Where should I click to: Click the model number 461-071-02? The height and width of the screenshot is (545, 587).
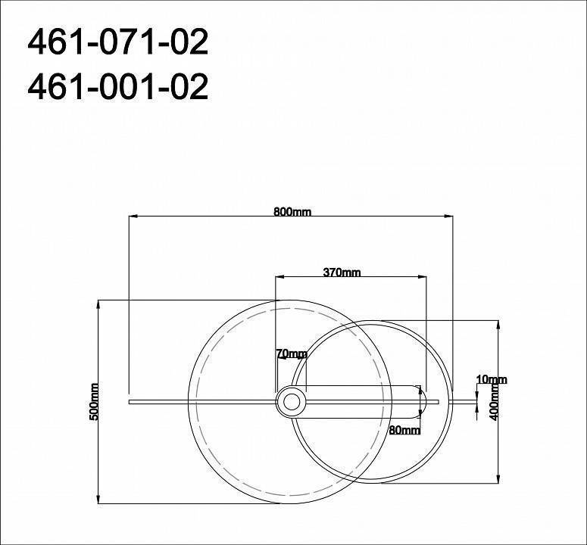click(x=118, y=42)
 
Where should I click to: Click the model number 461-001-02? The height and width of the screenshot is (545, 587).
click(x=118, y=86)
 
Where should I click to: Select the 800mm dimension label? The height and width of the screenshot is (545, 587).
click(x=292, y=212)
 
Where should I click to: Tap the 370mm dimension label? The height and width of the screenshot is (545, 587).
click(x=342, y=272)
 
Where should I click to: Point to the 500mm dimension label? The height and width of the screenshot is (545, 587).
click(x=94, y=402)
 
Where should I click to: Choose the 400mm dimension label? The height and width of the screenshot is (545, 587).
click(x=494, y=402)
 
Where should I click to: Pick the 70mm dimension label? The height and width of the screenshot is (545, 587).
click(x=292, y=353)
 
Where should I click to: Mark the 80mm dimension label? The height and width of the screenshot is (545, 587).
click(x=404, y=430)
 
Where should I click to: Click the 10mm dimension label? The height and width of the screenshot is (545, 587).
click(x=492, y=379)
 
